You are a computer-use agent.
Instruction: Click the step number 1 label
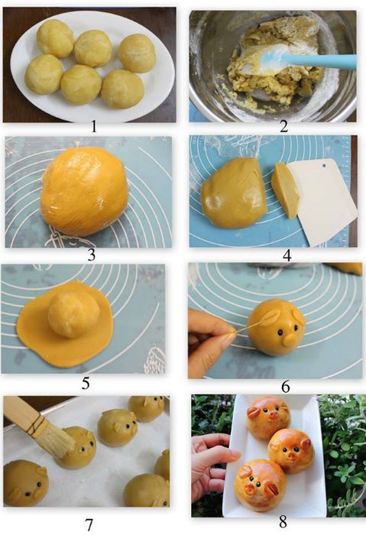(x=93, y=127)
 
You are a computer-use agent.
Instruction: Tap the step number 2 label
(x=283, y=127)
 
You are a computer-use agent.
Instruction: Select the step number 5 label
(x=86, y=383)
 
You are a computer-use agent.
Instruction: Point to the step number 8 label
(x=283, y=522)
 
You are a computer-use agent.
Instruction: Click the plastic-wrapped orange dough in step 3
(x=85, y=191)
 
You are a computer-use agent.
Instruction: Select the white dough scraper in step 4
(x=322, y=201)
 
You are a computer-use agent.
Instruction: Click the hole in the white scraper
(x=324, y=166)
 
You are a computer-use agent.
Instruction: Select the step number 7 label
(x=89, y=524)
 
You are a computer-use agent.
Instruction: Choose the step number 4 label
(x=287, y=255)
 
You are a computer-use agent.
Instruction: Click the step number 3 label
(x=91, y=255)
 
